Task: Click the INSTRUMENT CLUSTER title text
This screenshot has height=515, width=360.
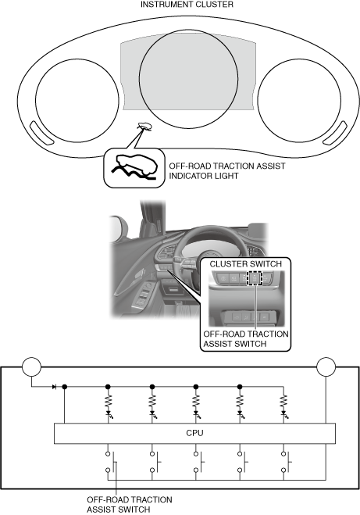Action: [187, 4]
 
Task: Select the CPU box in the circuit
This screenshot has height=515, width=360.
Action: [194, 433]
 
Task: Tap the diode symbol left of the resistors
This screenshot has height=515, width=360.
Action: [54, 387]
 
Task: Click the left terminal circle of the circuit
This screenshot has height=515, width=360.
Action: [31, 367]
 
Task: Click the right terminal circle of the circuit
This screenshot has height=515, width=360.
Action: [326, 367]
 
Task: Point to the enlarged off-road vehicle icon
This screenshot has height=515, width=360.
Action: [134, 167]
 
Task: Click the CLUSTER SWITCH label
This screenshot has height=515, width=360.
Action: [245, 264]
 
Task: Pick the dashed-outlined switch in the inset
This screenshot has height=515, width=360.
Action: [255, 278]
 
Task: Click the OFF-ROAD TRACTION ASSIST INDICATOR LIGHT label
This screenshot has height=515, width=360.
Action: [227, 171]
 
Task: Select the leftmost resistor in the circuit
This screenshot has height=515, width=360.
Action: [108, 402]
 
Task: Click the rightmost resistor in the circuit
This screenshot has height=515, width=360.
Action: [284, 402]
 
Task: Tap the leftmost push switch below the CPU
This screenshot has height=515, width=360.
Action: [111, 462]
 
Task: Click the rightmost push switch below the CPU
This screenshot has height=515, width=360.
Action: [287, 462]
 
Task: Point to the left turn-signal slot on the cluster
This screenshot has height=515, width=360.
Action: [41, 133]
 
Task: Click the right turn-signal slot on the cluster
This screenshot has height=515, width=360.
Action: [335, 133]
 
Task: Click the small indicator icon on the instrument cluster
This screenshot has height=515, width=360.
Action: [144, 127]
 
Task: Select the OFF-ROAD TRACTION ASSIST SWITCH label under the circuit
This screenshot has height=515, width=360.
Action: [130, 505]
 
